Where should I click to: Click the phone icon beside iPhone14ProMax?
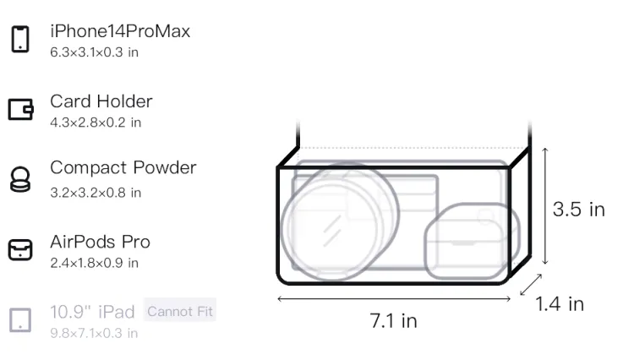click(x=20, y=39)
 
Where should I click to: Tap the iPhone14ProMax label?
click(x=120, y=31)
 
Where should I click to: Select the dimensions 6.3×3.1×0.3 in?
click(x=94, y=52)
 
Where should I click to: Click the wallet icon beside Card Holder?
click(x=20, y=109)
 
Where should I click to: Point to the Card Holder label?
click(x=101, y=101)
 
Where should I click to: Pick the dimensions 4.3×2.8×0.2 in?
click(x=96, y=123)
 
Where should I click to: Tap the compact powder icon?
click(x=20, y=179)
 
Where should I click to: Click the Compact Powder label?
click(x=123, y=167)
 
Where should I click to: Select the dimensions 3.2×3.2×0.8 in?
click(x=96, y=193)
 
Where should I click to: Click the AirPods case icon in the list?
click(x=20, y=249)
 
